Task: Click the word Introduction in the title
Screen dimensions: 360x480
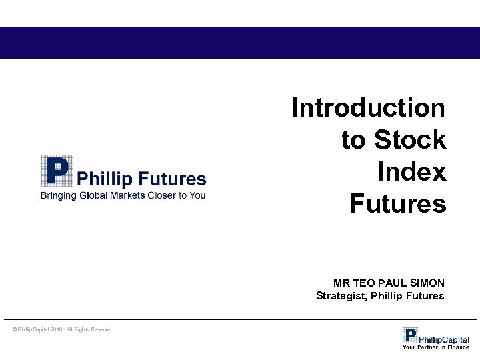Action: coord(368,107)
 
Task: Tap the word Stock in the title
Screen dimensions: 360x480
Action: coord(410,140)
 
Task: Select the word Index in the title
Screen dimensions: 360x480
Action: coord(411,172)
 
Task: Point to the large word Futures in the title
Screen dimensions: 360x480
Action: coord(397,204)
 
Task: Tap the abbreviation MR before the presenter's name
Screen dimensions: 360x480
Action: coord(341,283)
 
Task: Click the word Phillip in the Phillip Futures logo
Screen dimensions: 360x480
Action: coord(104,179)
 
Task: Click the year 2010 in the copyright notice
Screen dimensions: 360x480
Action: coord(57,329)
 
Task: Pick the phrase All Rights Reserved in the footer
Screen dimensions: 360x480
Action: coord(91,329)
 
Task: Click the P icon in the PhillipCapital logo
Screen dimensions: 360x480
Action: coord(410,335)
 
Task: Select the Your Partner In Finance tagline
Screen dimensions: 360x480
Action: coord(435,347)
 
